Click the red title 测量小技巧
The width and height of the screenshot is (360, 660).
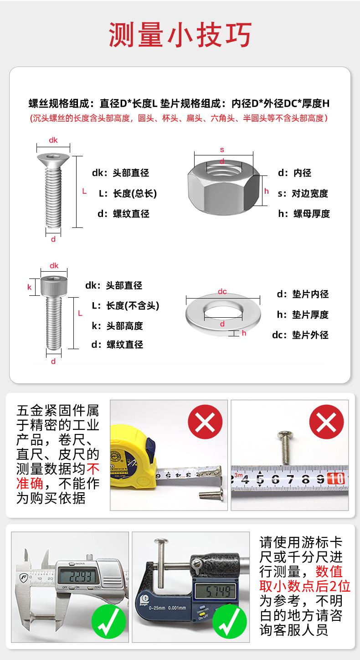click(x=180, y=35)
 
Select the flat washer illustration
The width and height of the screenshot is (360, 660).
click(x=223, y=314)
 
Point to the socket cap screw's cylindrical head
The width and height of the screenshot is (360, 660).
click(x=54, y=286)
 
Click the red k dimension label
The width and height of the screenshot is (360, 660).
click(x=29, y=287)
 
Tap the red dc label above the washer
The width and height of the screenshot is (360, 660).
click(x=222, y=291)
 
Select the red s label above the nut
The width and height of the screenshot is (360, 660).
click(x=222, y=150)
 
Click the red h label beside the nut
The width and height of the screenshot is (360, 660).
click(x=266, y=191)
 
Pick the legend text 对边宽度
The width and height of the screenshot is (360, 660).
click(x=310, y=194)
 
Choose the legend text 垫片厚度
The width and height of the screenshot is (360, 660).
click(x=310, y=315)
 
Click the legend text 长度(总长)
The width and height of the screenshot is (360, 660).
click(x=135, y=194)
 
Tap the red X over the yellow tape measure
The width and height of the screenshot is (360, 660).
click(x=205, y=422)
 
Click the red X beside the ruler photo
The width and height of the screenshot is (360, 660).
click(x=326, y=422)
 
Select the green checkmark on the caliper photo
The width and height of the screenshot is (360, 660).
click(x=109, y=622)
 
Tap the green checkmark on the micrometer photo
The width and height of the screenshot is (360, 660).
click(x=230, y=622)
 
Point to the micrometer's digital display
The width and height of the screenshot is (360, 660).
click(x=216, y=591)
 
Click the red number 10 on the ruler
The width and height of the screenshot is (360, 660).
click(x=335, y=479)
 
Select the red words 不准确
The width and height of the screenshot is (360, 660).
click(x=58, y=476)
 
